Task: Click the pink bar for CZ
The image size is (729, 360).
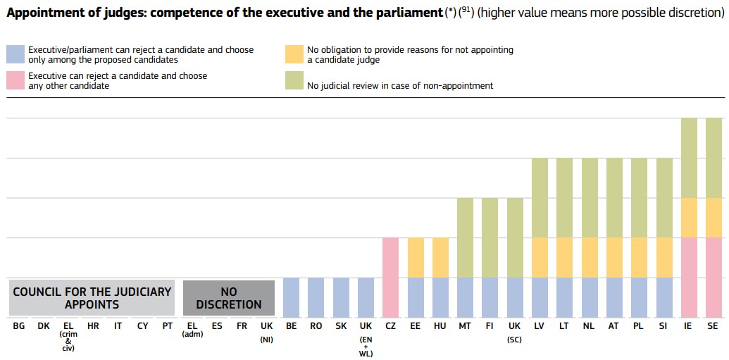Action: point(390,277)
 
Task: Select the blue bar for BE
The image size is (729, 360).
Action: point(291,297)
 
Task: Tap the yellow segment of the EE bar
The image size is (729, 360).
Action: point(416,258)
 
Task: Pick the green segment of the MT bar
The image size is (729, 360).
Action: point(466,237)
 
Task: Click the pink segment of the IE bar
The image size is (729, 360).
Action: point(689,277)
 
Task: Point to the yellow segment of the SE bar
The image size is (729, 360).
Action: point(714,218)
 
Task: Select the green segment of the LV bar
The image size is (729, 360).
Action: point(540,198)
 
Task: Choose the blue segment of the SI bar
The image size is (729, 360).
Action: point(664,297)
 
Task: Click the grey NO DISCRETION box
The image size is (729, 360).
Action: point(229,297)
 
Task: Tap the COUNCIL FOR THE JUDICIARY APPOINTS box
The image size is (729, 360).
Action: point(92,297)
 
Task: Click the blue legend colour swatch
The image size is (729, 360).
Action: point(15,55)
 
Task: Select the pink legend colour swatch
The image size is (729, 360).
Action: point(15,80)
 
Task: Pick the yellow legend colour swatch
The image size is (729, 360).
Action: point(294,55)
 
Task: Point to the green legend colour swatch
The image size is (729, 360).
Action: point(294,80)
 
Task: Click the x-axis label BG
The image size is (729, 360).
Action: point(19,326)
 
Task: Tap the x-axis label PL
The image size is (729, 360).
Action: point(639,326)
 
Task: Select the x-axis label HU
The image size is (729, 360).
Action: point(440,326)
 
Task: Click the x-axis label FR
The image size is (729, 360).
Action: point(242,326)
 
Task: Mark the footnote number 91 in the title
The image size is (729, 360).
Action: point(466,11)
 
